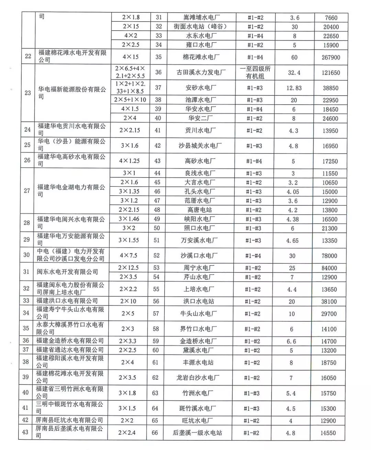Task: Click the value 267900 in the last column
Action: (x=330, y=57)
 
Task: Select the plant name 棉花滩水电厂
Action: (x=199, y=57)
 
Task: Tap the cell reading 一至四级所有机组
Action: (x=255, y=72)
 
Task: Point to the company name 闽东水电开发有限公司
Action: (x=67, y=272)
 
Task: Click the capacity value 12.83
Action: (x=294, y=88)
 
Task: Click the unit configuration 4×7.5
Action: (x=128, y=256)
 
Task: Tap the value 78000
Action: (x=329, y=256)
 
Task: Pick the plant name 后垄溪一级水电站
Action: (x=197, y=433)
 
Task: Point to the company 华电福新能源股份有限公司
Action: (x=72, y=93)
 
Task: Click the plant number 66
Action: (x=155, y=433)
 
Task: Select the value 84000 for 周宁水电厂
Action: (x=329, y=268)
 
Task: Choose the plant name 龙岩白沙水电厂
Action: (x=198, y=378)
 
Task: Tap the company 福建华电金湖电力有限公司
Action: (x=71, y=191)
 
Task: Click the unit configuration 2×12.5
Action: (x=128, y=268)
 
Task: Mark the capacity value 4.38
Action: (x=293, y=219)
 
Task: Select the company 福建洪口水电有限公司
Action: (x=67, y=301)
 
